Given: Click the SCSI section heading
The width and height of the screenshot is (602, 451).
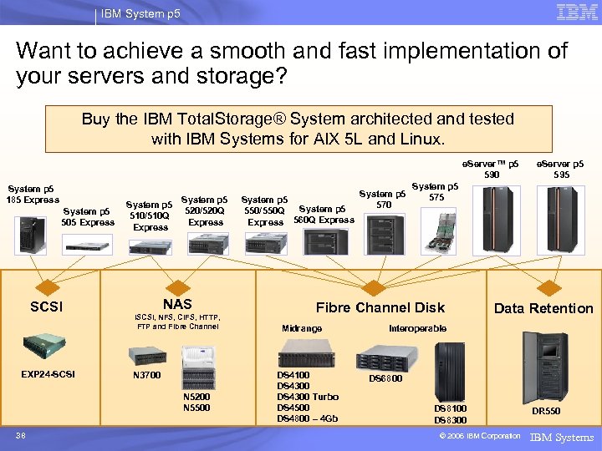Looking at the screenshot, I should pyautogui.click(x=46, y=307).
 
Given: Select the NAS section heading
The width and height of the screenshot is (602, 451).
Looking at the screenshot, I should pyautogui.click(x=177, y=305).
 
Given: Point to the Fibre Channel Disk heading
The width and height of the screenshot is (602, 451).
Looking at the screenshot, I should pyautogui.click(x=380, y=307).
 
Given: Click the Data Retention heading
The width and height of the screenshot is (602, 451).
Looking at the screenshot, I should pyautogui.click(x=543, y=308).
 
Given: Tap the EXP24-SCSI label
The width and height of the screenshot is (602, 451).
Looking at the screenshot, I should pyautogui.click(x=48, y=373).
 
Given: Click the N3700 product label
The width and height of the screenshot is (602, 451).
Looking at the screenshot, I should pyautogui.click(x=147, y=376).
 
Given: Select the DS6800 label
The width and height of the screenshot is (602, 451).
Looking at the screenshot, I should pyautogui.click(x=385, y=378).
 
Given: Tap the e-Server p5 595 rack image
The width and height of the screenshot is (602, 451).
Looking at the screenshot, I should pyautogui.click(x=561, y=219).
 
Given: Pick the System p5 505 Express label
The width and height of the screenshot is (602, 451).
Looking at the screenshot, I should pyautogui.click(x=88, y=217).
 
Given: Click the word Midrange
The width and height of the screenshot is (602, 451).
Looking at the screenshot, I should pyautogui.click(x=302, y=328).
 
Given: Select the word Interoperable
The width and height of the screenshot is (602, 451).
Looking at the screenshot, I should pyautogui.click(x=417, y=328).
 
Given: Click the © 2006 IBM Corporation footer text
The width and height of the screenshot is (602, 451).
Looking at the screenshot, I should pyautogui.click(x=472, y=436).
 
